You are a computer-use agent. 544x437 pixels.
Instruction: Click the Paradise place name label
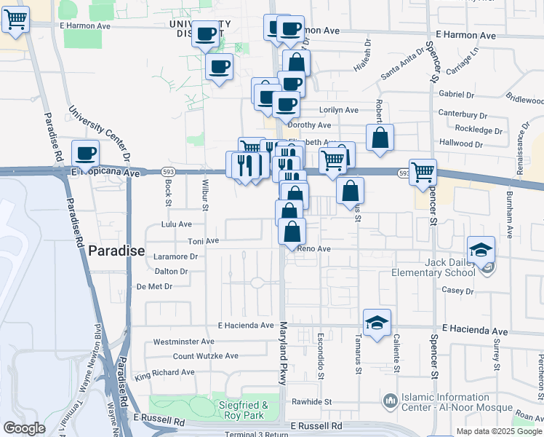117,252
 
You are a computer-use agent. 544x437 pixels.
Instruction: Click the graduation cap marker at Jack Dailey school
481,250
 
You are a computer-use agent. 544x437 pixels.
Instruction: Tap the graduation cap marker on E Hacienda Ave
377,323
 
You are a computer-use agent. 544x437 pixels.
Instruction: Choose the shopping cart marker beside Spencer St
423,173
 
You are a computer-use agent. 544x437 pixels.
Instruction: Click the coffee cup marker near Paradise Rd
86,154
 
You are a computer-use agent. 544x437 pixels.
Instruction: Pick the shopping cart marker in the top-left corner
15,20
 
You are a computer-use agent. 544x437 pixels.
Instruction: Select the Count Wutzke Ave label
206,356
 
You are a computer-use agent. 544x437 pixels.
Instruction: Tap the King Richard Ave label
165,372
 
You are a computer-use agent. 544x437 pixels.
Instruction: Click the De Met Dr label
154,286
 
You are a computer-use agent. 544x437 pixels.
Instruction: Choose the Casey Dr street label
458,289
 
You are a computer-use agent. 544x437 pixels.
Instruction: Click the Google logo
24,428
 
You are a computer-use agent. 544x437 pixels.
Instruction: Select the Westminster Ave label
183,341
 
